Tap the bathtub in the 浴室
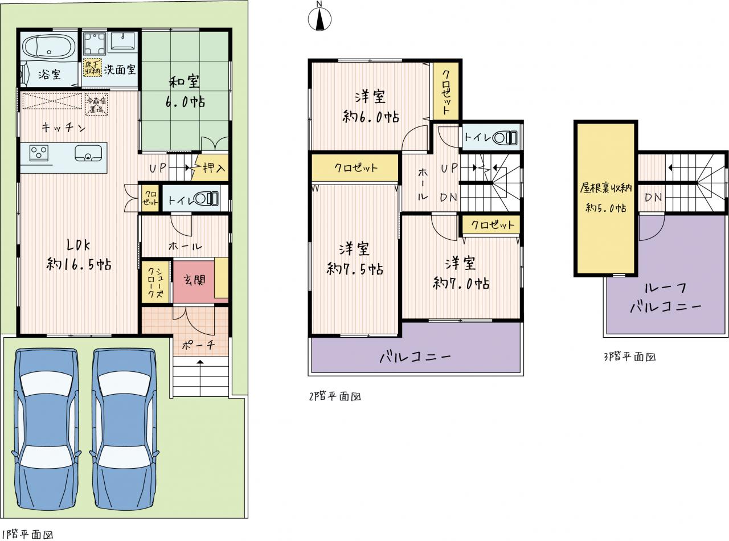[x=49, y=48]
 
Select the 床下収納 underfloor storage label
[x=92, y=68]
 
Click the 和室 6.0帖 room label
[x=185, y=91]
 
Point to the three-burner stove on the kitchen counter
[x=39, y=152]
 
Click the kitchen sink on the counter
[x=88, y=153]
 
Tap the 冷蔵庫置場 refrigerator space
[x=97, y=104]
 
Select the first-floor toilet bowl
[x=206, y=199]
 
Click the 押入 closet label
[x=214, y=167]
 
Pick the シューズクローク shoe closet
[x=155, y=282]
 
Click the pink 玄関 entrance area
[x=194, y=281]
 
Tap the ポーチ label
[x=198, y=345]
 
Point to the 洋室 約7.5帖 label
[x=355, y=259]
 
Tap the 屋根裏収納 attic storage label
[x=605, y=188]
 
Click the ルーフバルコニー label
[x=665, y=298]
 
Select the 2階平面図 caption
[x=335, y=397]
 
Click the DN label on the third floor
[x=653, y=197]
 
